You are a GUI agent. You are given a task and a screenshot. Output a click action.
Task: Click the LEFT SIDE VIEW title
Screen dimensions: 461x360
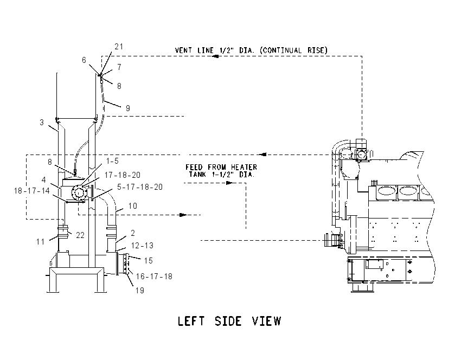point(229,321)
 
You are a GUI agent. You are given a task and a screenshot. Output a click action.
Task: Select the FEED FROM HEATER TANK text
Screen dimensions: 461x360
point(221,171)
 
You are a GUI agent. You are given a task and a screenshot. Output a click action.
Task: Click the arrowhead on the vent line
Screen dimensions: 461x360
point(215,56)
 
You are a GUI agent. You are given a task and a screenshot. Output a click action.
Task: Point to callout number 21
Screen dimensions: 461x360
point(119,47)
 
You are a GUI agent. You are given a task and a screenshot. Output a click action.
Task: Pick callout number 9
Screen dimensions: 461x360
point(128,108)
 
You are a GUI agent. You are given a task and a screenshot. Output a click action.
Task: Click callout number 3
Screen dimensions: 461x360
point(42,122)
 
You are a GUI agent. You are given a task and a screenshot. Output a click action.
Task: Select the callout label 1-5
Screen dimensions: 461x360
point(112,160)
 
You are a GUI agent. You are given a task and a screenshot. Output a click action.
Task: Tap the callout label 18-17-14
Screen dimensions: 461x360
point(32,191)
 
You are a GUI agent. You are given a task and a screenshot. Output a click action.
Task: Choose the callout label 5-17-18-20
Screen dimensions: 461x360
point(140,187)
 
